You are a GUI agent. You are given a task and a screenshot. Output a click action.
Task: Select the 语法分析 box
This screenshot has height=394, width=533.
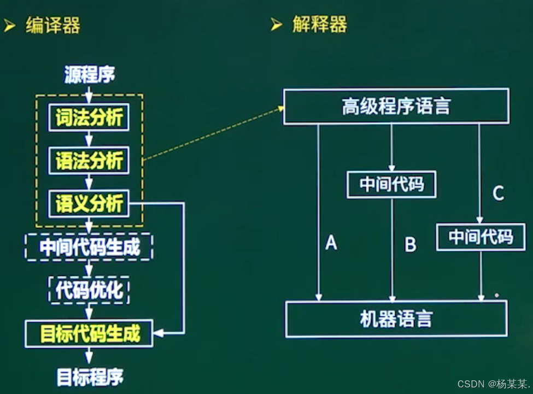point(89,161)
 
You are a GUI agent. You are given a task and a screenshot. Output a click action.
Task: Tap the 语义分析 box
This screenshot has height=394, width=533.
point(89,204)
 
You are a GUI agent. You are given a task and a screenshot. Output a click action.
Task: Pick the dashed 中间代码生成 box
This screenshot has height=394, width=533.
point(89,248)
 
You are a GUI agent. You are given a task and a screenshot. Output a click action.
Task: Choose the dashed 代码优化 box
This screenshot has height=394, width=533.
point(89,291)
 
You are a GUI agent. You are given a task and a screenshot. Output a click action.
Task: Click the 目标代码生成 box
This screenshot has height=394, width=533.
point(89,333)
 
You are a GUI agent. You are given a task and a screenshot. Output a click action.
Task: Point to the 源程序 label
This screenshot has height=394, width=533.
point(89,75)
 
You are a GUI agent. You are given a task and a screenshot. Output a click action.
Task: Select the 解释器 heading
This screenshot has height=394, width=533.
point(319,25)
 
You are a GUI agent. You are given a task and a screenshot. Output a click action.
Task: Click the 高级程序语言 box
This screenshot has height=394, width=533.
point(396,107)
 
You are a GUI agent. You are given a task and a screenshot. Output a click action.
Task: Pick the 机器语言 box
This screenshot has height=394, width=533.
point(396,319)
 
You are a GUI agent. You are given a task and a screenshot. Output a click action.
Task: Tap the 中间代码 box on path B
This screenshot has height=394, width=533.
point(392,185)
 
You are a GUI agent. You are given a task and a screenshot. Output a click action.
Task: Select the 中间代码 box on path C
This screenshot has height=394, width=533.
point(481,237)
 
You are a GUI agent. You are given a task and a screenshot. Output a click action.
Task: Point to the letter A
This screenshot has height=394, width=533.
point(331,242)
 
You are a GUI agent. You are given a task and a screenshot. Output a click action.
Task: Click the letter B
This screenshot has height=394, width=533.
point(411,245)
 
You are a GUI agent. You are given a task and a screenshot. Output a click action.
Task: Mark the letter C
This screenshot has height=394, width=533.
point(497,193)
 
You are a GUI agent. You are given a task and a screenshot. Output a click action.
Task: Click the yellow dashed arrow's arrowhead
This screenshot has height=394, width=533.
point(282,109)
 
